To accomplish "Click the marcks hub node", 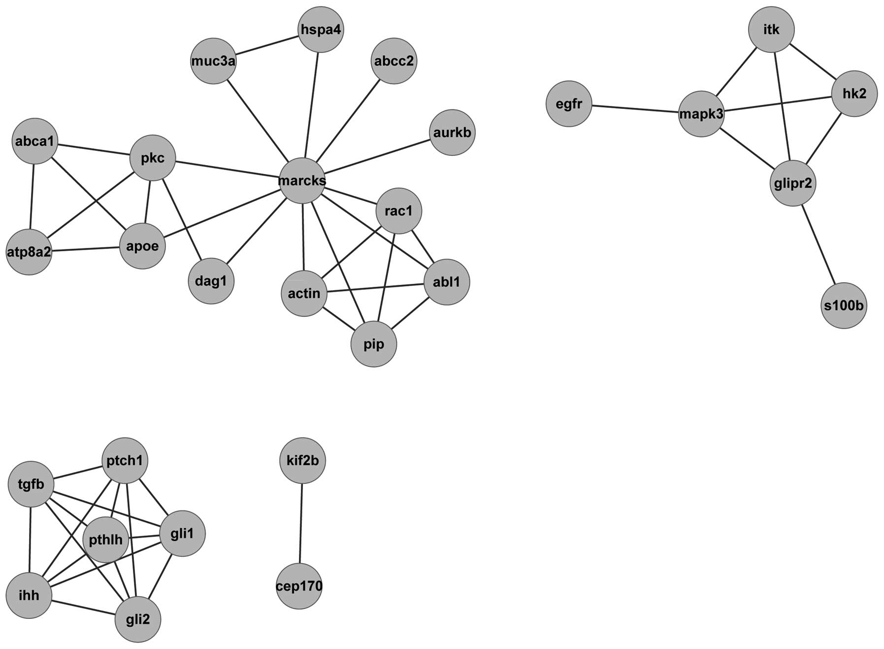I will tap(302, 180).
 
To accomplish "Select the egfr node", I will tap(569, 104).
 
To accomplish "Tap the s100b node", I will tap(844, 306).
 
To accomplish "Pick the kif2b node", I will tap(302, 461).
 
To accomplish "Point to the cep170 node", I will tap(299, 586).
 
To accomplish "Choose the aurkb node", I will tap(452, 133).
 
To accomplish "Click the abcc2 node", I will tap(393, 61).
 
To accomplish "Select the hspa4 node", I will tap(321, 30).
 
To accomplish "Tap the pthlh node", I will tap(106, 540).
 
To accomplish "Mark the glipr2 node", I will tap(792, 183).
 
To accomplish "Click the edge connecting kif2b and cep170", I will tap(301, 523).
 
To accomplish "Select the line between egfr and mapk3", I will tap(635, 109).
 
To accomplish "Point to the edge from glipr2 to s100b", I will tap(818, 244).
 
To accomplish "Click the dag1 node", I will tap(211, 281).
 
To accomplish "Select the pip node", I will tap(374, 344).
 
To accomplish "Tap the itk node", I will tap(771, 30).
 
